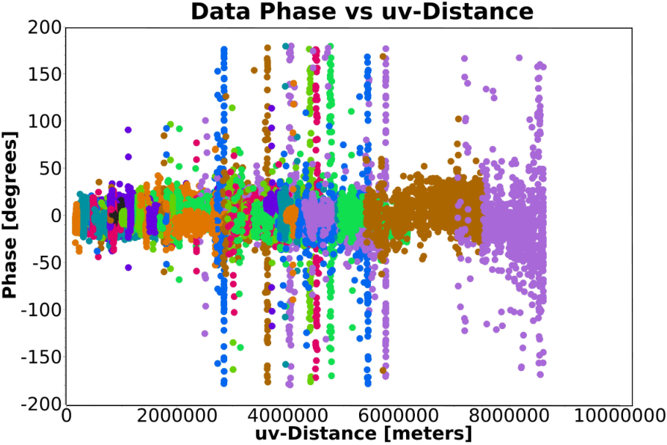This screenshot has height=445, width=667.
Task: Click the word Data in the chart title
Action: tap(220, 12)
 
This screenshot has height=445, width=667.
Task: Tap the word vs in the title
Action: tap(355, 12)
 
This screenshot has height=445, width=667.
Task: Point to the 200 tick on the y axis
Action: tap(45, 28)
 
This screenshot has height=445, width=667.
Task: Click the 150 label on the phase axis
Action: tap(45, 75)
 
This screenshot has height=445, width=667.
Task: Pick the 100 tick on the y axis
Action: tap(45, 122)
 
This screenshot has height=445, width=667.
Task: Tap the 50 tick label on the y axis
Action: tap(50, 169)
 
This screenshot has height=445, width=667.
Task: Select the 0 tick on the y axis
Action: tap(56, 216)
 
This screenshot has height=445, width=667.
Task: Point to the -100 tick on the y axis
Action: tap(41, 310)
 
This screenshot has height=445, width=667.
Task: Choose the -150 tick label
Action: tap(41, 357)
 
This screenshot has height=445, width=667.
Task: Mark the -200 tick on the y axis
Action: tap(41, 404)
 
